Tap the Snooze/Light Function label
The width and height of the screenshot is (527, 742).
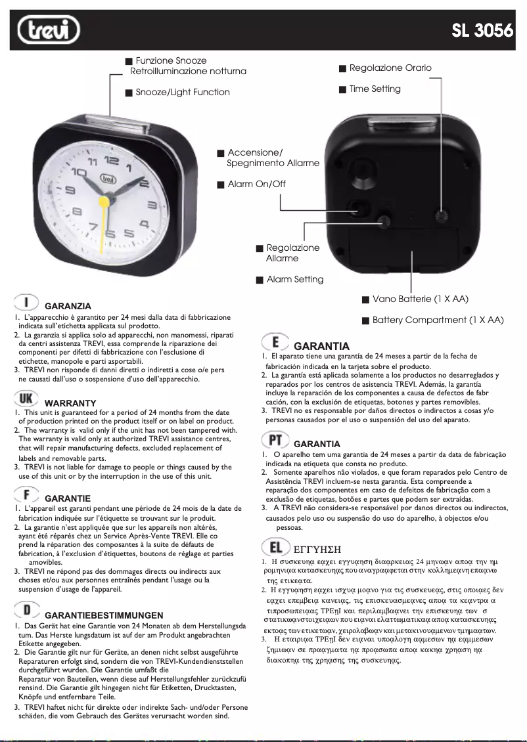pyautogui.click(x=182, y=93)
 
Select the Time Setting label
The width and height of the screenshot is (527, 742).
pyautogui.click(x=375, y=89)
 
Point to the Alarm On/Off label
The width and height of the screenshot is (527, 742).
pyautogui.click(x=256, y=185)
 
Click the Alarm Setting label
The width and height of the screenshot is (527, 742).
pyautogui.click(x=294, y=280)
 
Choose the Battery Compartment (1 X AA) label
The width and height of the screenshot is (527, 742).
pyautogui.click(x=438, y=320)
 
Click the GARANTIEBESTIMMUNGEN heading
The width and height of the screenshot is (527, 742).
pyautogui.click(x=104, y=615)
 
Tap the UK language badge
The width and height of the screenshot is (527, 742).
pyautogui.click(x=26, y=399)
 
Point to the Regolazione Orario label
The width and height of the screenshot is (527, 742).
pyautogui.click(x=390, y=68)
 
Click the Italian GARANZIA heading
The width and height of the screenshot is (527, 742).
pyautogui.click(x=68, y=306)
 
